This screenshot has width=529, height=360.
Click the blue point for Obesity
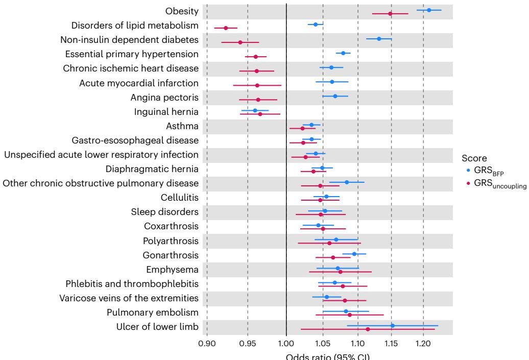[429, 10]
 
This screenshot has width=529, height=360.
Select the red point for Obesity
[390, 13]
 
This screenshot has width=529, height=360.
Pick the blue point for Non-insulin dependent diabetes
[379, 39]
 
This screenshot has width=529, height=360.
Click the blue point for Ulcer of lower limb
[393, 325]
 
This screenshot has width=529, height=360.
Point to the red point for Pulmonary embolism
[350, 315]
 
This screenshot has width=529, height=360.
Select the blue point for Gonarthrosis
[354, 254]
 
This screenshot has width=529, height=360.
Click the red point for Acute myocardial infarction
[257, 85]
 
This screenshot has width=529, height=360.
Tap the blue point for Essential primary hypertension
[343, 53]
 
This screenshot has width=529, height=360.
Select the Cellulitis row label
[178, 197]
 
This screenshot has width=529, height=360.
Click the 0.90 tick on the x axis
[207, 344]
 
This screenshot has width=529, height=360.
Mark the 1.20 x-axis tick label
[423, 344]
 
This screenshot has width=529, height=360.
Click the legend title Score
[473, 159]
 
